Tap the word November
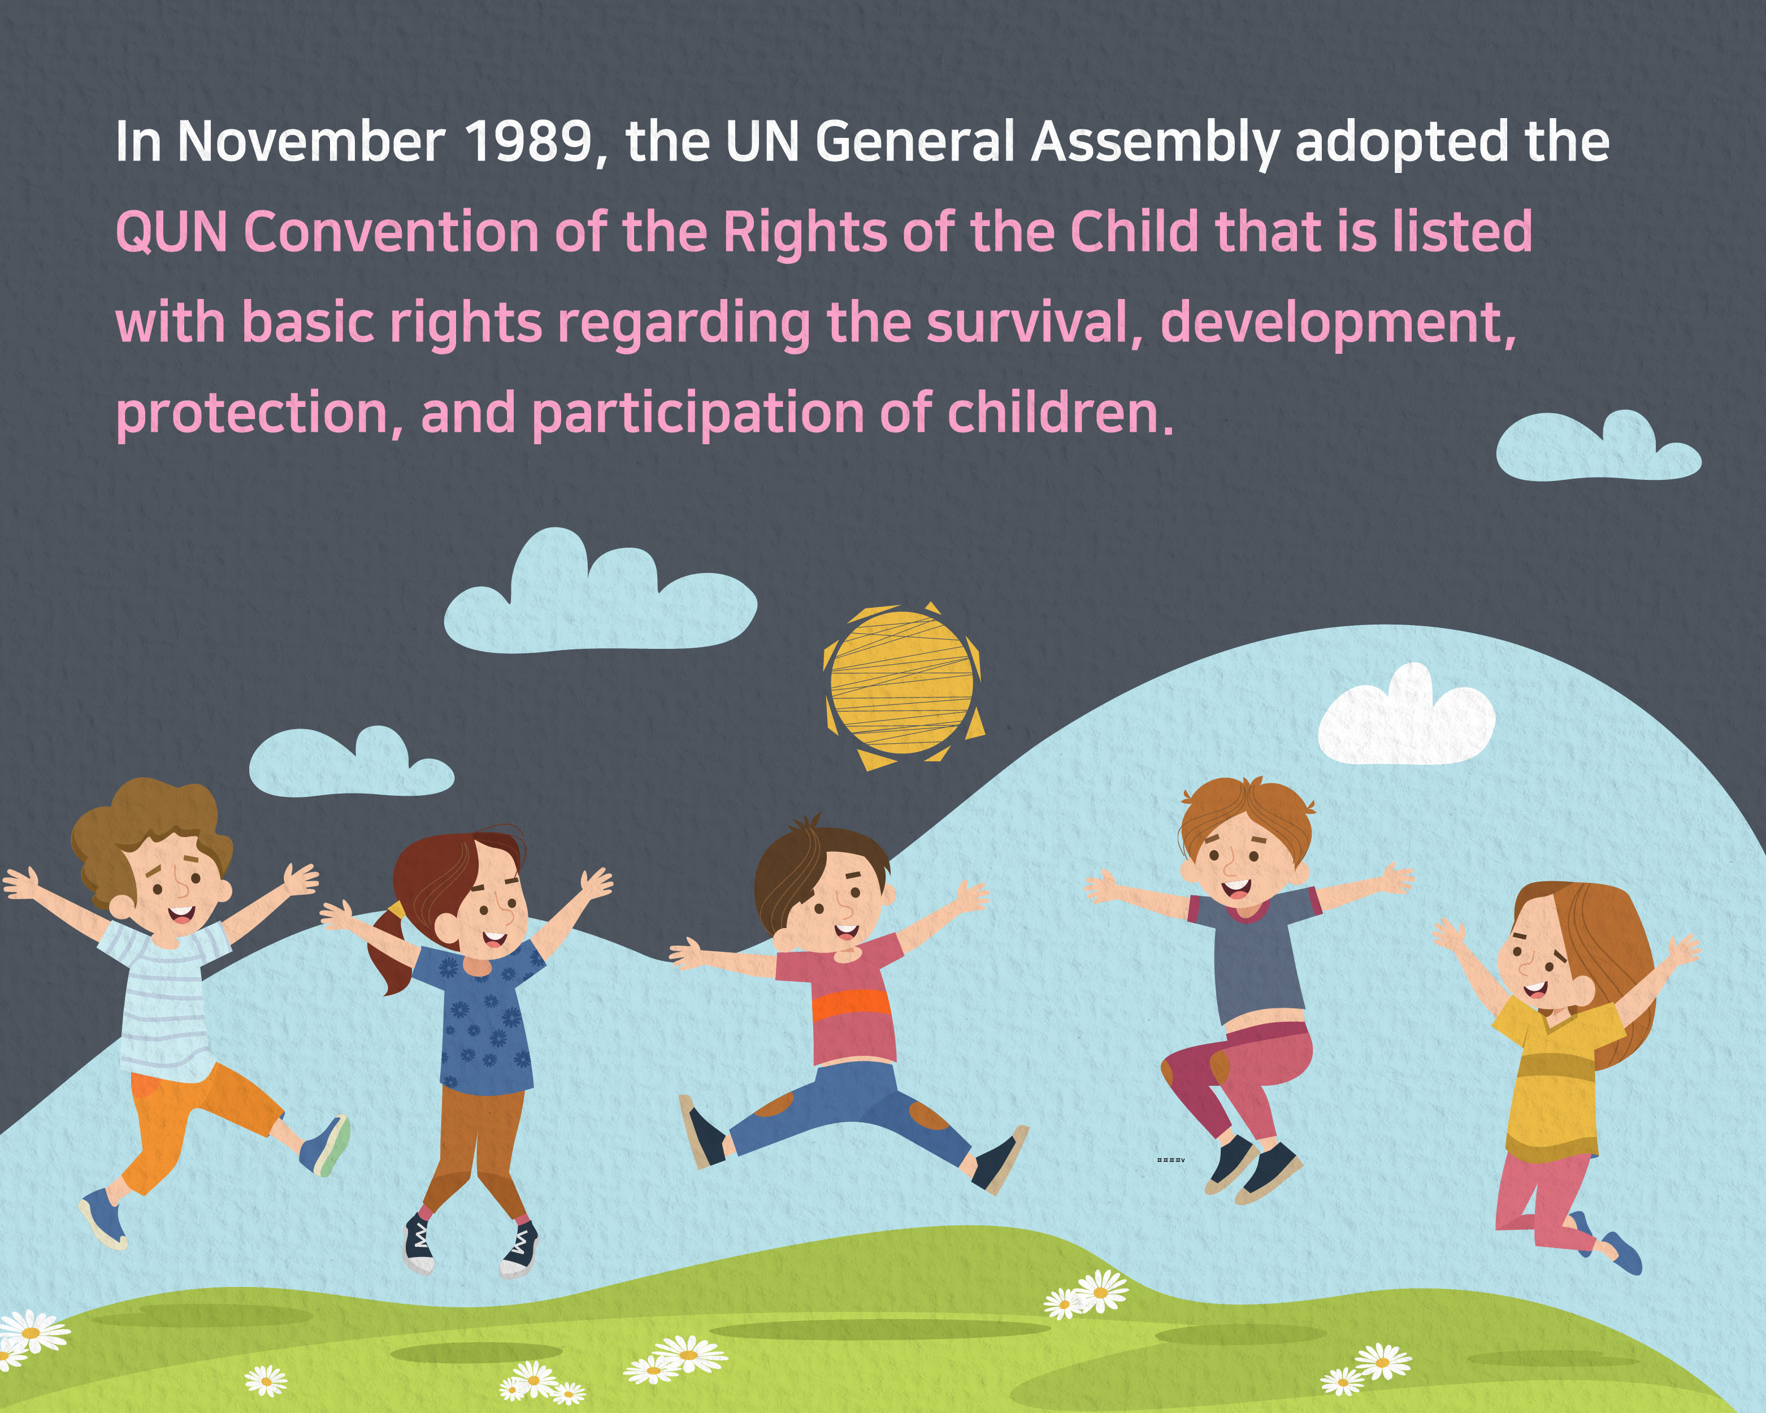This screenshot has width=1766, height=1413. (x=312, y=142)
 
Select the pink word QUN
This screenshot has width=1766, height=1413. (x=172, y=232)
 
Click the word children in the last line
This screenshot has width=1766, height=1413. (x=1060, y=413)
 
